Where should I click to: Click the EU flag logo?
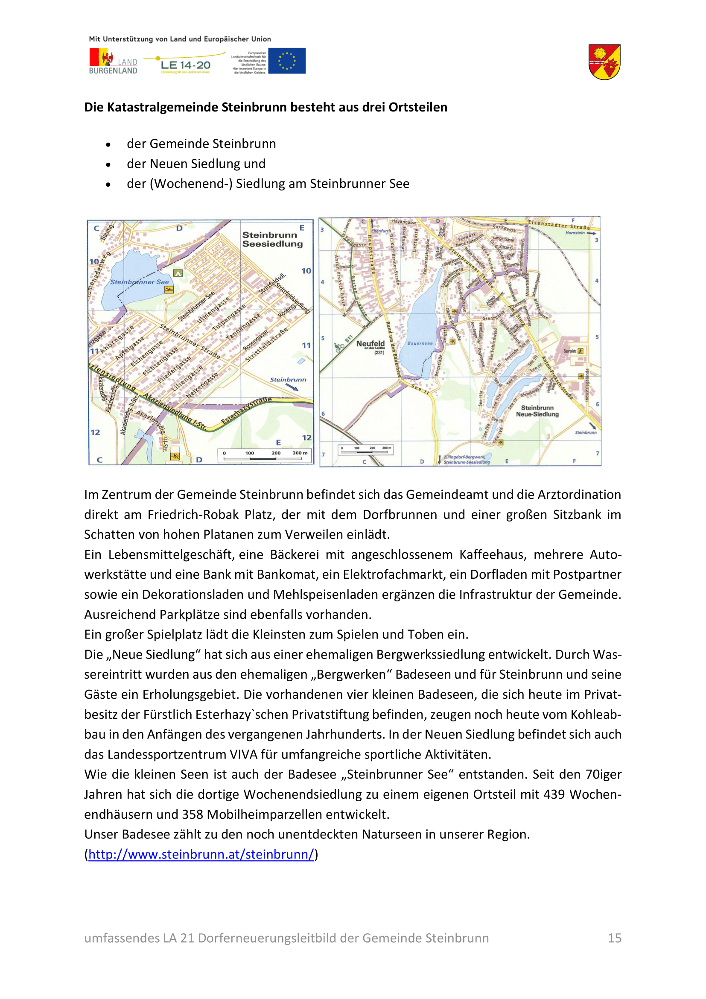point(286,61)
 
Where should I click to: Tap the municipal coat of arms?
point(604,62)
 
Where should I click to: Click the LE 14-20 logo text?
point(185,65)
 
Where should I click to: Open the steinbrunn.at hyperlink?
point(201,854)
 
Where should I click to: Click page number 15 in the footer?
point(614,937)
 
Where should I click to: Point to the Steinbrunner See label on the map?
point(139,282)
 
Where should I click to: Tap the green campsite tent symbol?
point(178,273)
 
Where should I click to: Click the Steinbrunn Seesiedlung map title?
point(272,239)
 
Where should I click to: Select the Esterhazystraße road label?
point(246,410)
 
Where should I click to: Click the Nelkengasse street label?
point(202,386)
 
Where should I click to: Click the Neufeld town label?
point(371,344)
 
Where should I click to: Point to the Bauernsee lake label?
point(420,343)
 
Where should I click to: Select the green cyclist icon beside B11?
point(339,347)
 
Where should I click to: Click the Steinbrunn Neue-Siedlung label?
point(537,411)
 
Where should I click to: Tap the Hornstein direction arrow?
point(591,233)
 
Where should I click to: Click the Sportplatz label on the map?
point(569,351)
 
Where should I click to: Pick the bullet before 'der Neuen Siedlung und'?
point(108,164)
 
